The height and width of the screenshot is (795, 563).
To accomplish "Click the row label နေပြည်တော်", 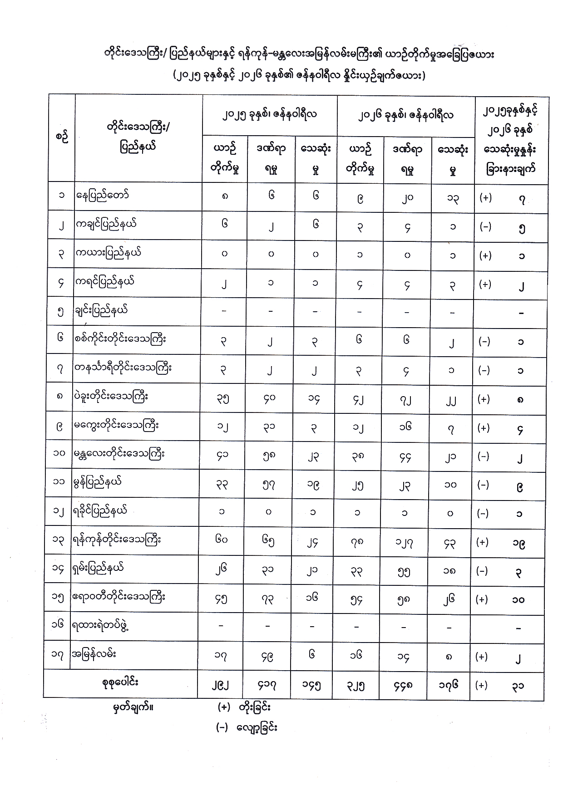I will pyautogui.click(x=103, y=196).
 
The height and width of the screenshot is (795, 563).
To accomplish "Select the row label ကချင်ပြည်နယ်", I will pyautogui.click(x=106, y=225).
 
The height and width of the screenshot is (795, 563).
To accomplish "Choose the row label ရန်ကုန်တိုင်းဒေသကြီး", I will pyautogui.click(x=116, y=540).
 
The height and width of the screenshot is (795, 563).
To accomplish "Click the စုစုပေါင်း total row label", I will pyautogui.click(x=120, y=682).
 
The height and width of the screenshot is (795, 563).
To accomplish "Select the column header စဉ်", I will pyautogui.click(x=62, y=137).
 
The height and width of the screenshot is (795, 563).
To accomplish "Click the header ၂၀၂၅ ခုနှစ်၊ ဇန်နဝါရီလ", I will pyautogui.click(x=270, y=114).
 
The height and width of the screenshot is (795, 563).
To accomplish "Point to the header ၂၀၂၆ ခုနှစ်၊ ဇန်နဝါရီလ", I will pyautogui.click(x=405, y=115).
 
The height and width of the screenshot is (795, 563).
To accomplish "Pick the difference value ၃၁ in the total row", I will pyautogui.click(x=518, y=686).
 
